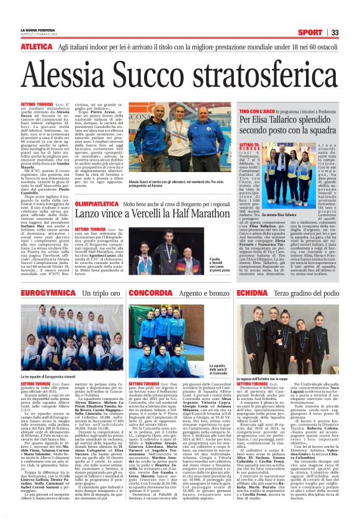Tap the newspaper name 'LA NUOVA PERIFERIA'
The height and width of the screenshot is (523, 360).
coord(37,30)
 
